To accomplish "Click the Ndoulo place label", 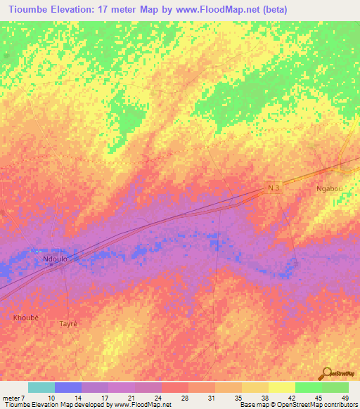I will (x=55, y=259).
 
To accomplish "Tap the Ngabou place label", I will (x=329, y=190).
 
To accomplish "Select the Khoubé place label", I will (x=26, y=318).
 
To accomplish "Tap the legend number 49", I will (x=345, y=397).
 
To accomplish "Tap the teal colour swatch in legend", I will (x=41, y=387).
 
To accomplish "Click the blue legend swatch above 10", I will (x=68, y=387).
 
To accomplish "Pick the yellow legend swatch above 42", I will (x=282, y=387).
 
